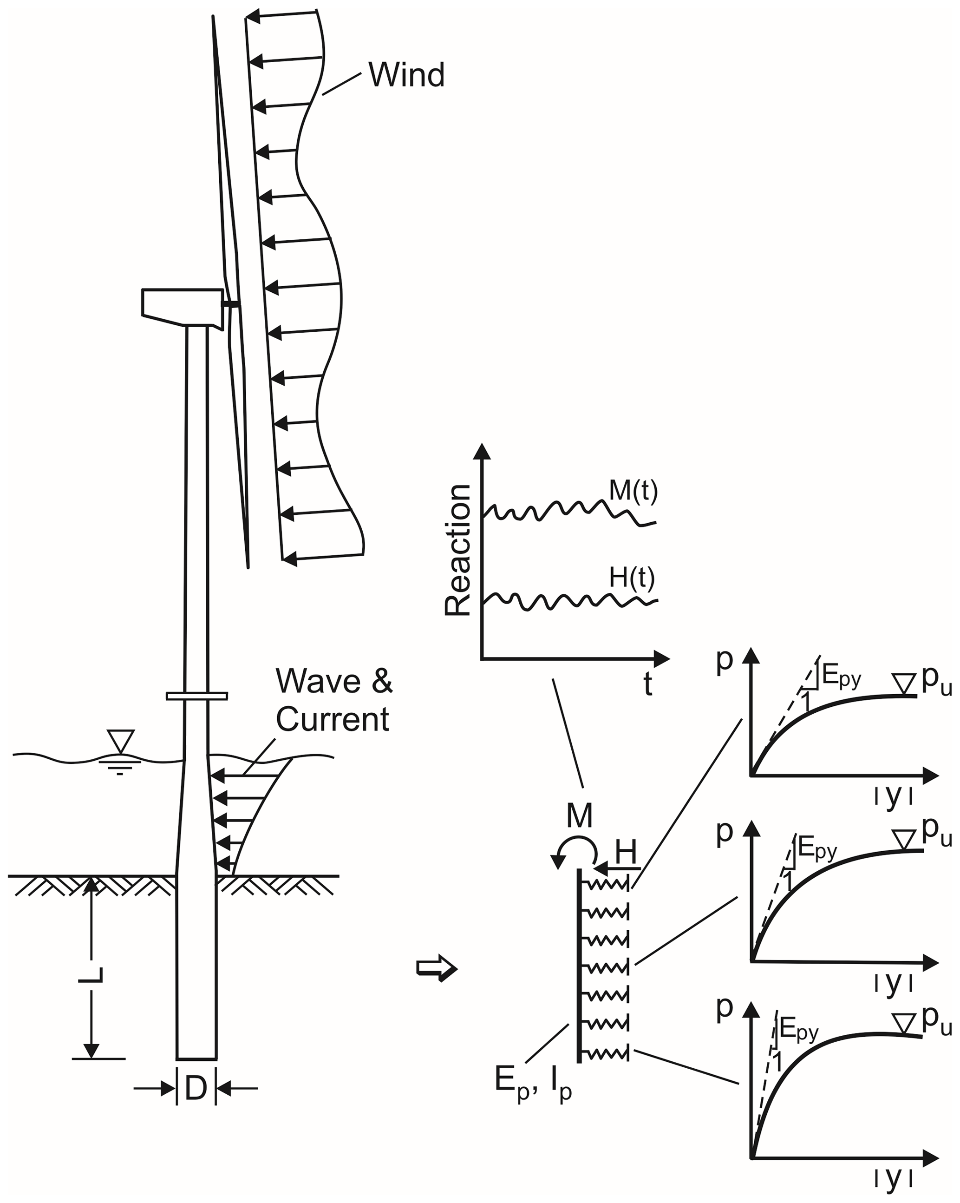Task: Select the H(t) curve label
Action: click(x=632, y=578)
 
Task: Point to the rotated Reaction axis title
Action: click(x=458, y=550)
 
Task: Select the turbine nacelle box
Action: click(x=181, y=306)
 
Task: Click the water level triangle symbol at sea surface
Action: click(x=121, y=741)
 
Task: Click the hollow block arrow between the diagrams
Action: click(x=437, y=969)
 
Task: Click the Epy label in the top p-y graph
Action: click(x=841, y=680)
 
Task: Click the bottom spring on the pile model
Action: click(x=605, y=1053)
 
